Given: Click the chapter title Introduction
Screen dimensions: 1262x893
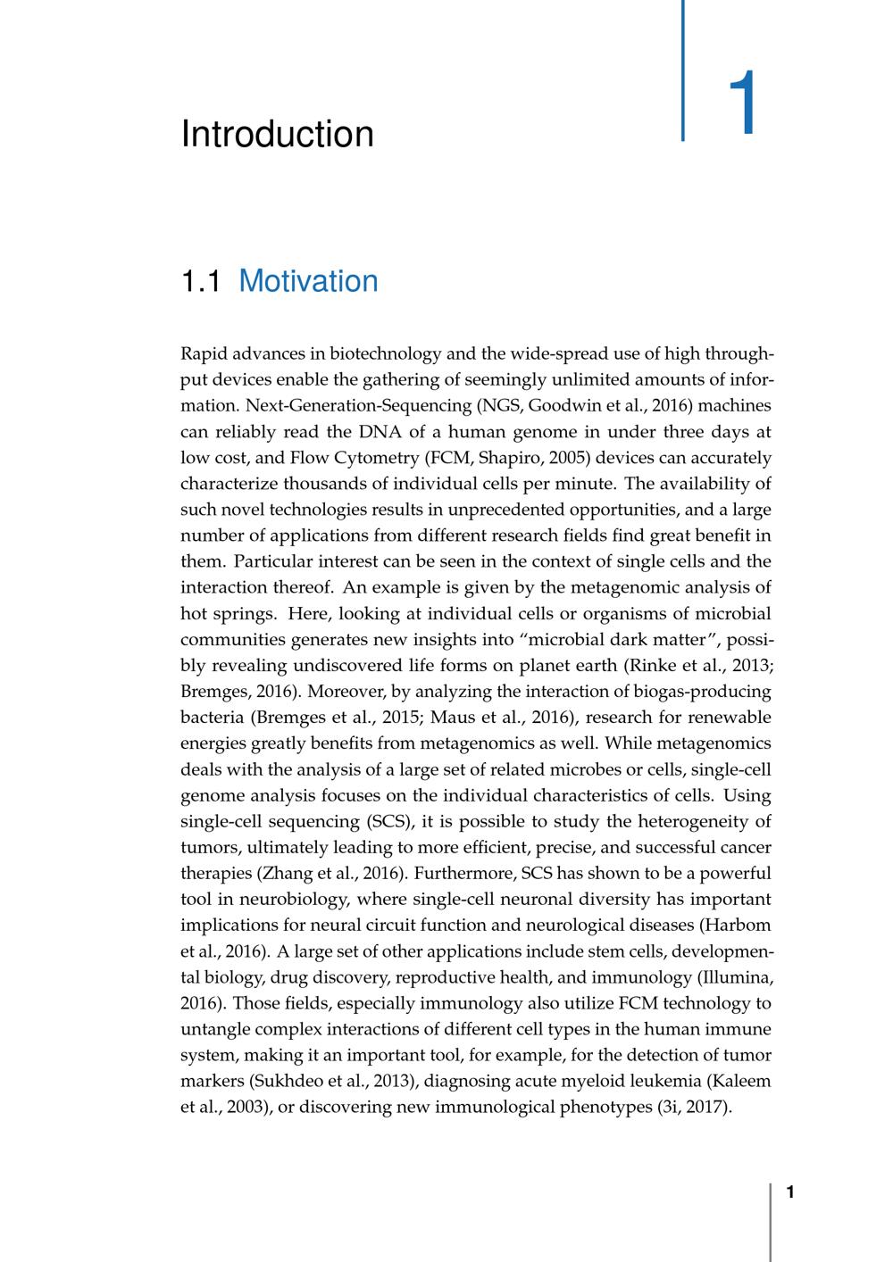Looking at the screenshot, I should [x=277, y=134].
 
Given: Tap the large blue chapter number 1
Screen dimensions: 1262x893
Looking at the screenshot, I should [x=742, y=104].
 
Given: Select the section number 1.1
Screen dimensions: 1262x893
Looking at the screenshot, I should [x=200, y=281].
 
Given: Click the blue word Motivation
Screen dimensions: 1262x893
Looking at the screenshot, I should [x=308, y=281].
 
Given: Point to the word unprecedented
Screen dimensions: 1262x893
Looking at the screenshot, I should [x=486, y=510].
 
